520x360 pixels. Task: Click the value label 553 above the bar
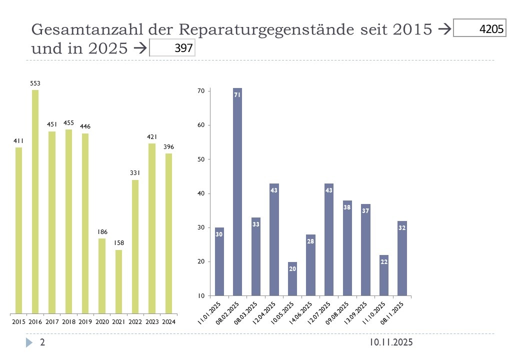[x=35, y=83]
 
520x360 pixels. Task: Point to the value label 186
[x=101, y=232]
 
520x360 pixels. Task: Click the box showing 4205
[x=479, y=28]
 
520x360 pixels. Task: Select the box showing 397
[x=172, y=48]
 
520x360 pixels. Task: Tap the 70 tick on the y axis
[x=201, y=91]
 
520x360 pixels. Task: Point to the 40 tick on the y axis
[x=201, y=193]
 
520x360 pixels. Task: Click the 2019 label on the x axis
[x=85, y=322]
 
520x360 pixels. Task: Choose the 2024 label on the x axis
[x=168, y=322]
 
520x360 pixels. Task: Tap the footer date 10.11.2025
[x=391, y=342]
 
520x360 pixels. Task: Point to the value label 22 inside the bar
[x=383, y=261]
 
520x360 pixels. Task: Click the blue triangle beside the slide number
[x=29, y=342]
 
